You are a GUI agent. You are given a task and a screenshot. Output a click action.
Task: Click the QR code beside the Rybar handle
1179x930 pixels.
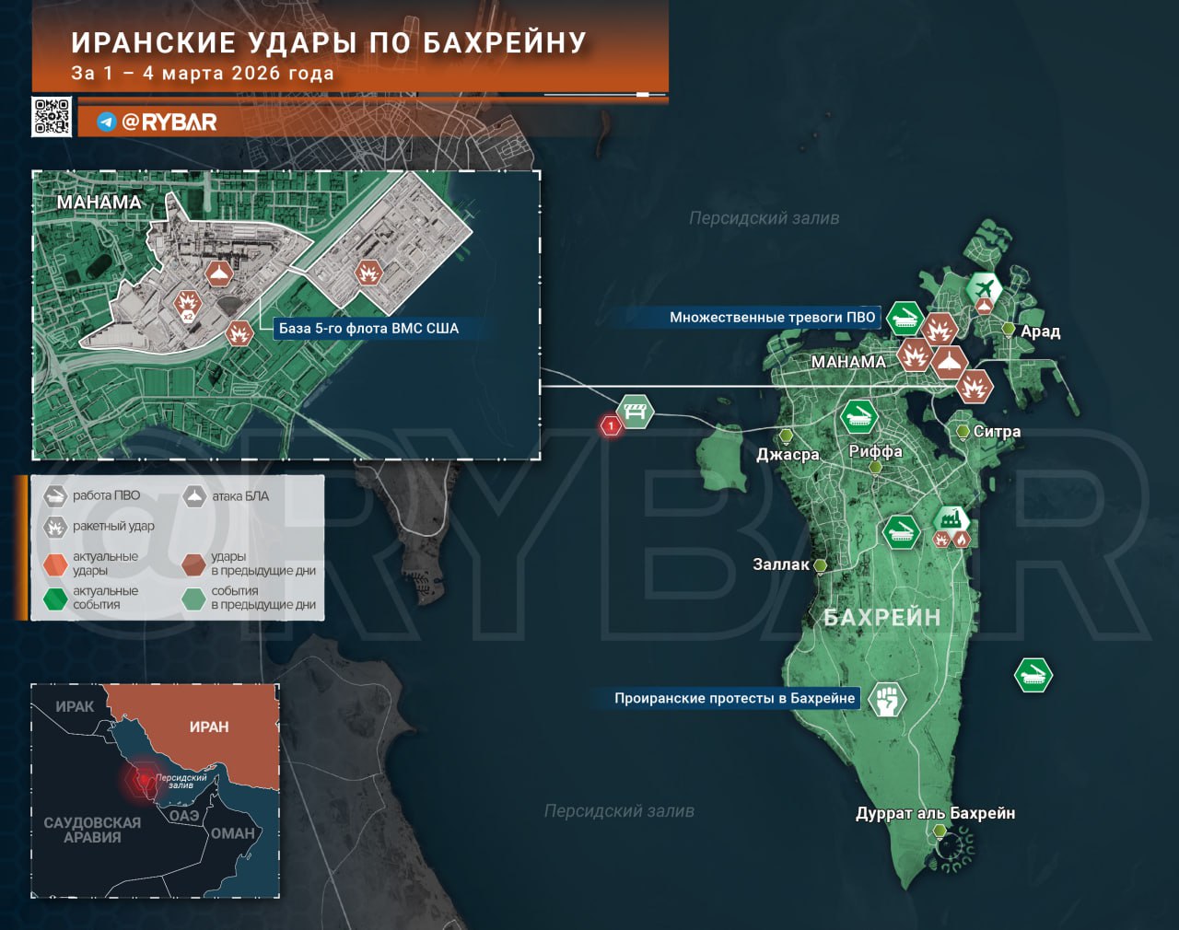[52, 117]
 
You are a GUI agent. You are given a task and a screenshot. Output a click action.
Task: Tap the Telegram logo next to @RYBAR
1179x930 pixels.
[107, 122]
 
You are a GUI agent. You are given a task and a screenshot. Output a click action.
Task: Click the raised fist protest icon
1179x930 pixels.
[886, 700]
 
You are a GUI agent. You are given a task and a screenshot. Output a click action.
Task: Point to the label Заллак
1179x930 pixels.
[781, 564]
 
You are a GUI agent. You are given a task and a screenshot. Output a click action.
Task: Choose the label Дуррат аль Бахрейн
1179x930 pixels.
[935, 813]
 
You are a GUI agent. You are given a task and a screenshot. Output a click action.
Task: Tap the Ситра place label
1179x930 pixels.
[997, 431]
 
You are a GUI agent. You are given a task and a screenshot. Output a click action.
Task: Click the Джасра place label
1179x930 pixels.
[788, 454]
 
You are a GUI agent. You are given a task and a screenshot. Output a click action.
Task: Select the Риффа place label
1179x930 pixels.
[875, 451]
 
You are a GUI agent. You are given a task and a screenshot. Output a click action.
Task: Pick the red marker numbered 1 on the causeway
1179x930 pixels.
[610, 425]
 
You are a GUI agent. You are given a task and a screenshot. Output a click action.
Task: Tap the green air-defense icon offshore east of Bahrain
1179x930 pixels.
[1033, 675]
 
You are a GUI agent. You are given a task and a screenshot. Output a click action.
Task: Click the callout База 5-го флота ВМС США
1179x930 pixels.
[368, 328]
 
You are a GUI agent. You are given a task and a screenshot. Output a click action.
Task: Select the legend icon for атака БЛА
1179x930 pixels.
[194, 496]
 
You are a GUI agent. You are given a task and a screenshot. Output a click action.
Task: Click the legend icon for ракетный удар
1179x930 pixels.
[55, 527]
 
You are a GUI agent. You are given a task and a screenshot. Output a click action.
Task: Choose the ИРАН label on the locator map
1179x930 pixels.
[209, 727]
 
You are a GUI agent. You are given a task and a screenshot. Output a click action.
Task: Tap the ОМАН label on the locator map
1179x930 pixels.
[233, 833]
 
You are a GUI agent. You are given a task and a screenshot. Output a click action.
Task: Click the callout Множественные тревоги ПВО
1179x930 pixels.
[772, 317]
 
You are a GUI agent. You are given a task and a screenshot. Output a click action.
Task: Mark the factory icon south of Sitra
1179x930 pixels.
[950, 519]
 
